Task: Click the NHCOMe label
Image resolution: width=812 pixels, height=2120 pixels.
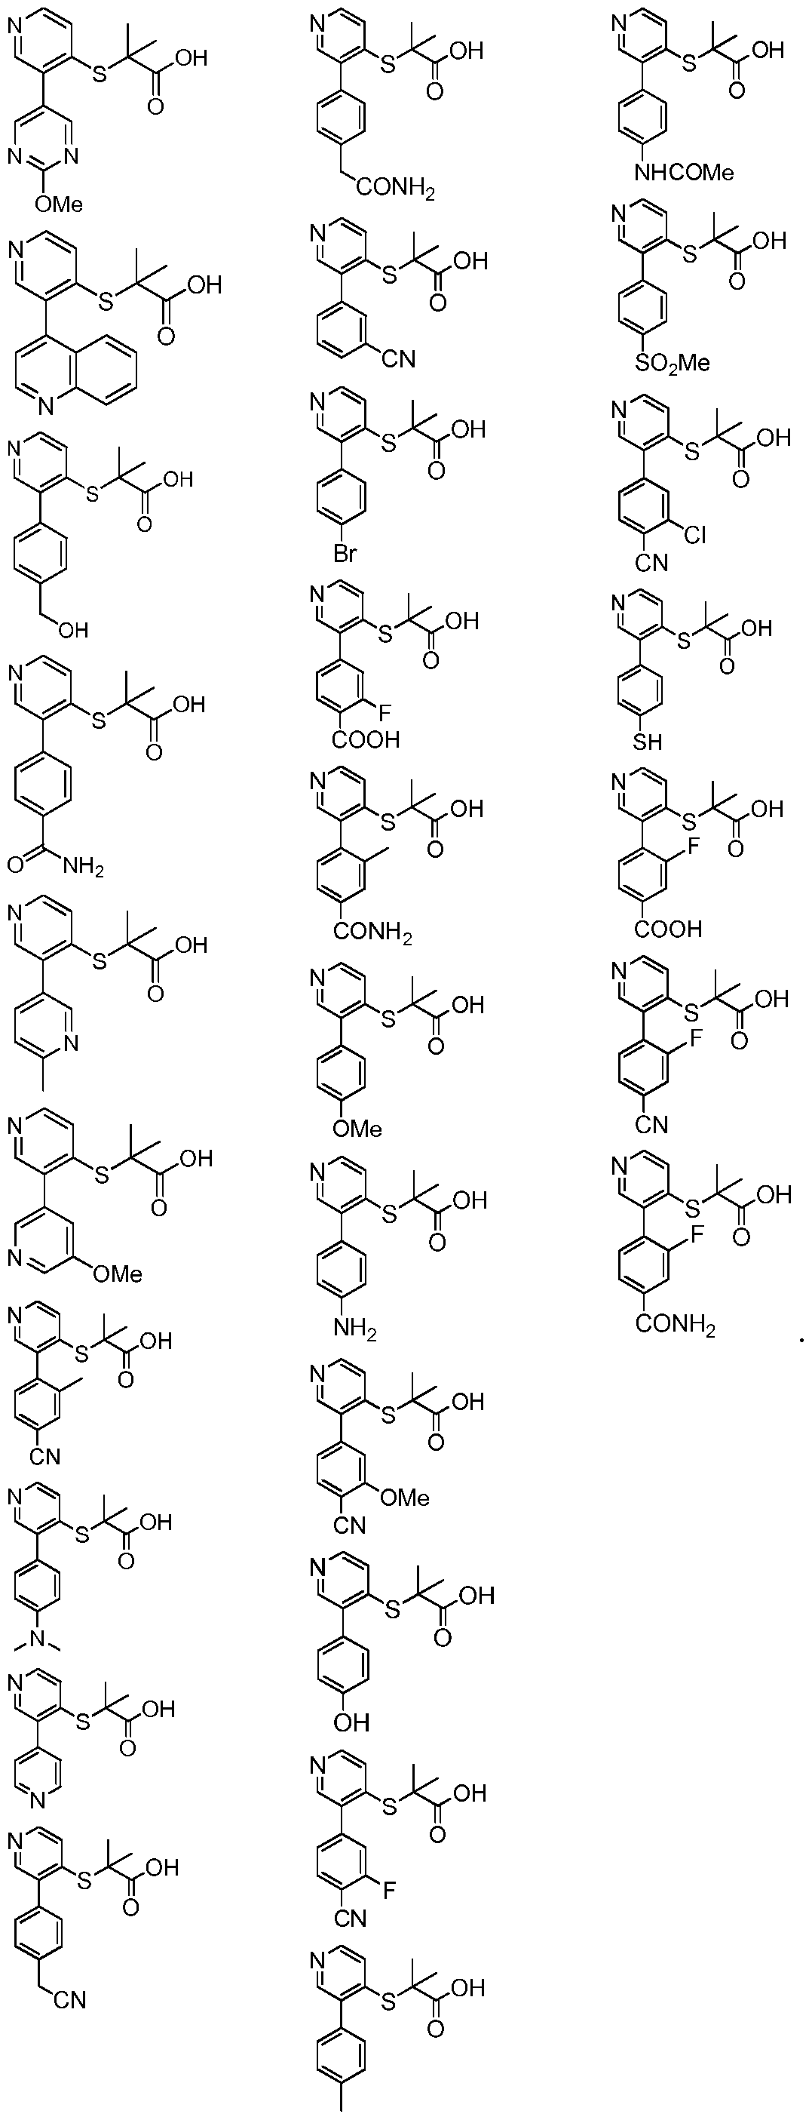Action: pyautogui.click(x=684, y=173)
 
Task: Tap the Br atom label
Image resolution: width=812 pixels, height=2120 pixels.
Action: pyautogui.click(x=345, y=554)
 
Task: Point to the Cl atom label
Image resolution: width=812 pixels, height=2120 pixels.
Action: pyautogui.click(x=694, y=536)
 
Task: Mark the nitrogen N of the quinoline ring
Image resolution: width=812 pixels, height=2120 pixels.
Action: pyautogui.click(x=44, y=406)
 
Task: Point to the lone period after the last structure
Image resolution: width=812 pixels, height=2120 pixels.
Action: pyautogui.click(x=801, y=1341)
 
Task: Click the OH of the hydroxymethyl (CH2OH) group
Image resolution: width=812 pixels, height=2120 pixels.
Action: pyautogui.click(x=72, y=631)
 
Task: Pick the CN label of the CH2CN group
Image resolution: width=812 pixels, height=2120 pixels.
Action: pyautogui.click(x=71, y=2000)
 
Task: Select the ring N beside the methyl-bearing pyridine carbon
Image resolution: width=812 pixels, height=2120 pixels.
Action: pyautogui.click(x=71, y=1043)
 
